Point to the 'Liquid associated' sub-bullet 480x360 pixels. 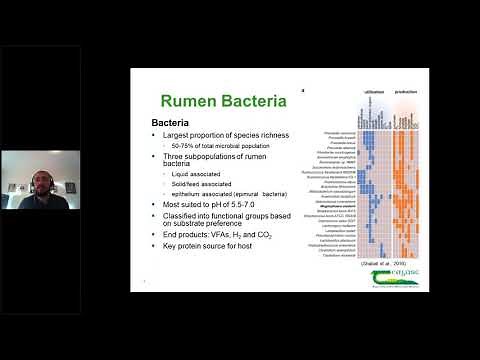190,174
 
